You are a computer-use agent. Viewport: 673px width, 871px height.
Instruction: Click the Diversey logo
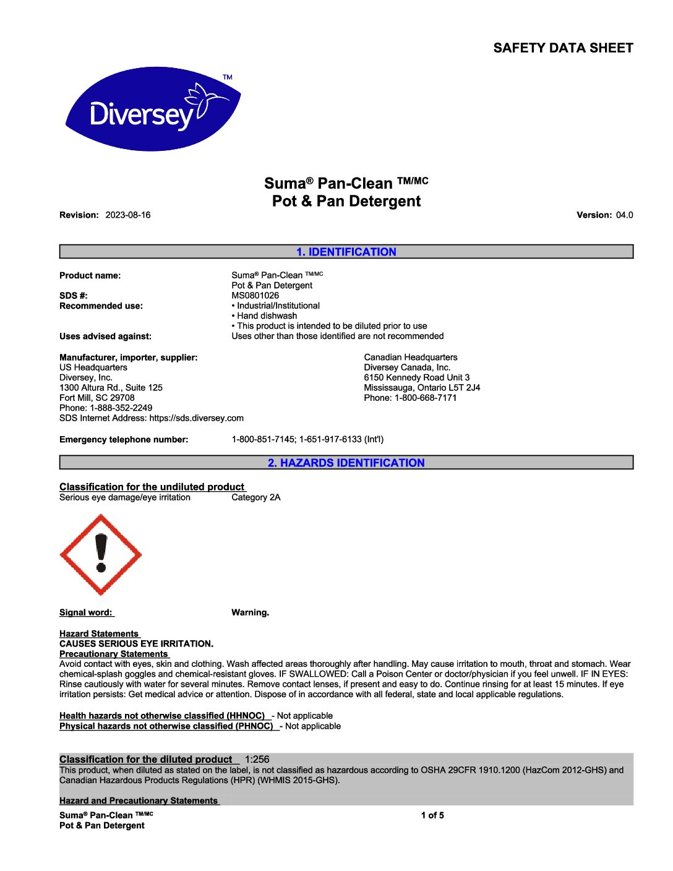[x=153, y=109]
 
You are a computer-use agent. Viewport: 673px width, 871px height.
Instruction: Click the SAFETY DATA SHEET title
[x=563, y=48]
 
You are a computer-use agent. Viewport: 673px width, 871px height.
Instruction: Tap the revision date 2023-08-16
[x=128, y=215]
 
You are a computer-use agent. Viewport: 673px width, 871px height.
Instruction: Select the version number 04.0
[x=624, y=215]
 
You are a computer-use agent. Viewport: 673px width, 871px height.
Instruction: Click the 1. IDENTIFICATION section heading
[x=346, y=252]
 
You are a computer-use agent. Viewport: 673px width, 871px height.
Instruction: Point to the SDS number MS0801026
[x=255, y=296]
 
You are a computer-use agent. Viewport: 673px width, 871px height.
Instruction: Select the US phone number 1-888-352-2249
[x=121, y=408]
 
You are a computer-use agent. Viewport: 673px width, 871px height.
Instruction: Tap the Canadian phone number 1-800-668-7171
[x=426, y=398]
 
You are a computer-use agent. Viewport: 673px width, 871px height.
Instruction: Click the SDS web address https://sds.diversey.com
[x=196, y=418]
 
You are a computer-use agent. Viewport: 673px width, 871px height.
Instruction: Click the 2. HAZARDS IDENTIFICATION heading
[x=346, y=463]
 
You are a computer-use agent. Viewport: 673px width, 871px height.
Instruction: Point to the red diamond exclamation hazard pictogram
[x=101, y=555]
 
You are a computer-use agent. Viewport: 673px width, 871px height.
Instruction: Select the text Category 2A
[x=255, y=497]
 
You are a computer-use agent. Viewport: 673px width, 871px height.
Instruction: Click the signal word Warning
[x=250, y=613]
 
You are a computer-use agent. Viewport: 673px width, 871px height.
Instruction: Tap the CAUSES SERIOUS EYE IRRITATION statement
[x=136, y=644]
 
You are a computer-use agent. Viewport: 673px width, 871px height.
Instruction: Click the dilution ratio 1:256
[x=257, y=760]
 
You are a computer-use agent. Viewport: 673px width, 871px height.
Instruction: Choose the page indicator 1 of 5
[x=432, y=815]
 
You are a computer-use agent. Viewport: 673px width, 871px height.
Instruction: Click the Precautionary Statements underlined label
[x=114, y=654]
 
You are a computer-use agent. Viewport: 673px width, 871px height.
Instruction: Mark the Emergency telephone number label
[x=124, y=440]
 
